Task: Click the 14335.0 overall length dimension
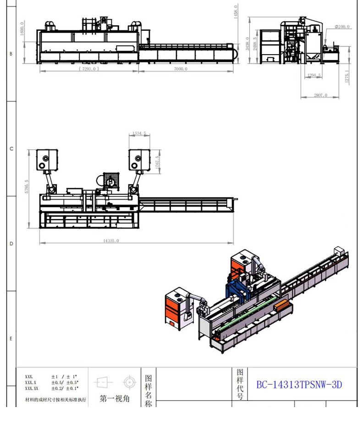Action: pos(111,240)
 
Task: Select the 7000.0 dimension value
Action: pos(181,69)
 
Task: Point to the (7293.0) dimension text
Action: pos(88,69)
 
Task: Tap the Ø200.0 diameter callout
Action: pos(342,27)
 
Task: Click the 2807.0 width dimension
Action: pos(320,95)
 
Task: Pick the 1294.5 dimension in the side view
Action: pos(314,75)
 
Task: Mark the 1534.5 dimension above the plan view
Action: pos(139,134)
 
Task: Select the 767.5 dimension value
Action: pos(157,163)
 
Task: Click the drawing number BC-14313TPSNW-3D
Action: pos(299,385)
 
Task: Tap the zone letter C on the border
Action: pos(11,149)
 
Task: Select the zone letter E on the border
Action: pos(11,339)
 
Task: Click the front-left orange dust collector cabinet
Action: pos(174,307)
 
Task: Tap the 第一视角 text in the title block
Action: pos(115,399)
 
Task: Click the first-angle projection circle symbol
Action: pos(129,382)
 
